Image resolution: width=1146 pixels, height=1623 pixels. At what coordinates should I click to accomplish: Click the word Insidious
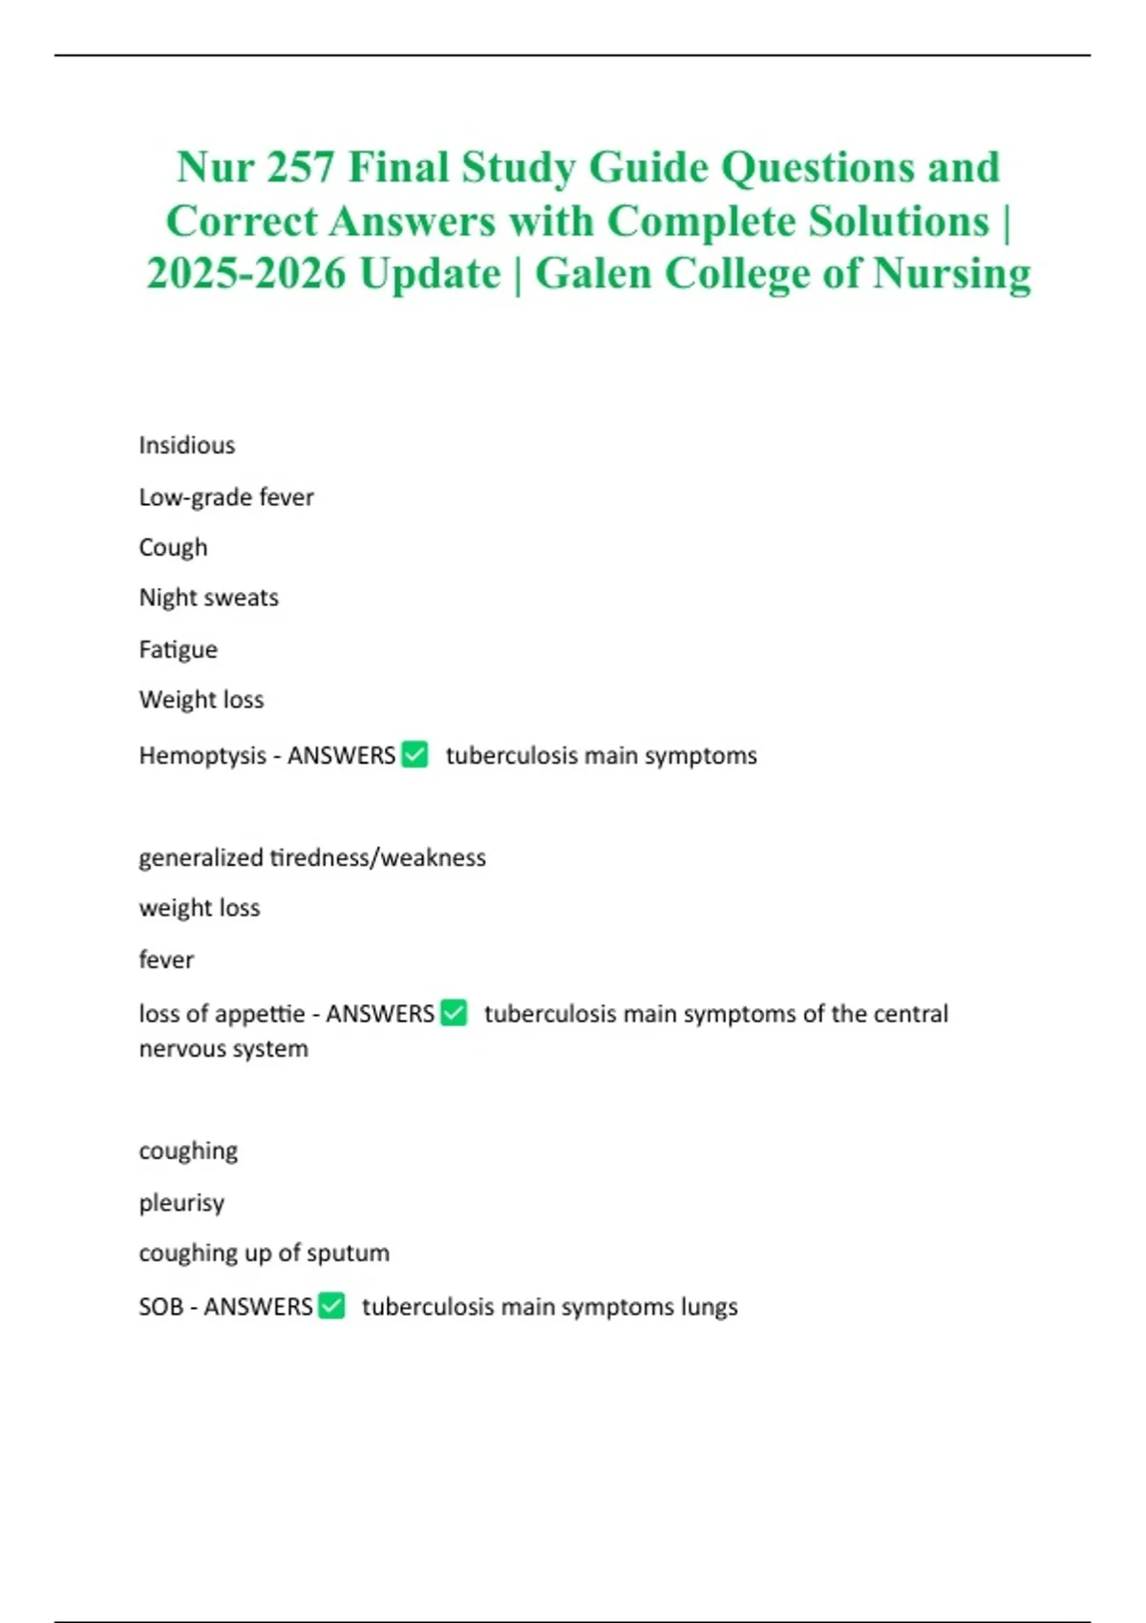point(187,446)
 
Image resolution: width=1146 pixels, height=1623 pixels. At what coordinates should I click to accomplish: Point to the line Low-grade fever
point(226,497)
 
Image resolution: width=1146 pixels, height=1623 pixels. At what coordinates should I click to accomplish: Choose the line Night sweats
point(209,598)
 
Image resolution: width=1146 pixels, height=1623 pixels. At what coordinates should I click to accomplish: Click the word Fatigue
point(179,649)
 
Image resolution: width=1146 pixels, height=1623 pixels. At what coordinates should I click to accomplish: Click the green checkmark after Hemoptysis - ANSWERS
point(414,754)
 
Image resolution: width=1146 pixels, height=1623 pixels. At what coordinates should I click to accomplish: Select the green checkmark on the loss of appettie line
point(454,1012)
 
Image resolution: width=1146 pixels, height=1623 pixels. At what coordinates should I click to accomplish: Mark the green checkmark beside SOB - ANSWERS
point(331,1305)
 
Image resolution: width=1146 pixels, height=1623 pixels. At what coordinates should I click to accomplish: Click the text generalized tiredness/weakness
point(312,857)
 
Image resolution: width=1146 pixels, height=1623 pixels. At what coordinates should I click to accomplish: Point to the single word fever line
point(166,959)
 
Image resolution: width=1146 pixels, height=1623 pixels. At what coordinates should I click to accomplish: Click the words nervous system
point(223,1049)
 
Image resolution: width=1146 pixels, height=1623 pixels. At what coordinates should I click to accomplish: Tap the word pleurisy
point(181,1203)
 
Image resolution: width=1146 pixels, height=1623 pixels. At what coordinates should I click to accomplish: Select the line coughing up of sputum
point(265,1253)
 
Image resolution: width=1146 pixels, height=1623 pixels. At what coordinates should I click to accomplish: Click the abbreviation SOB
point(160,1307)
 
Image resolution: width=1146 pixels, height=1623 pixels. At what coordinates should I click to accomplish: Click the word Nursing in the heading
point(952,274)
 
